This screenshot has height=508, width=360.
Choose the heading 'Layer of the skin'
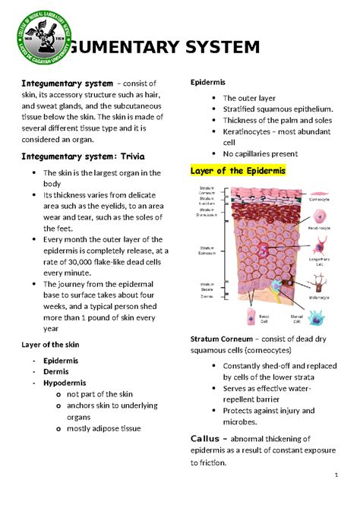(52, 344)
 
